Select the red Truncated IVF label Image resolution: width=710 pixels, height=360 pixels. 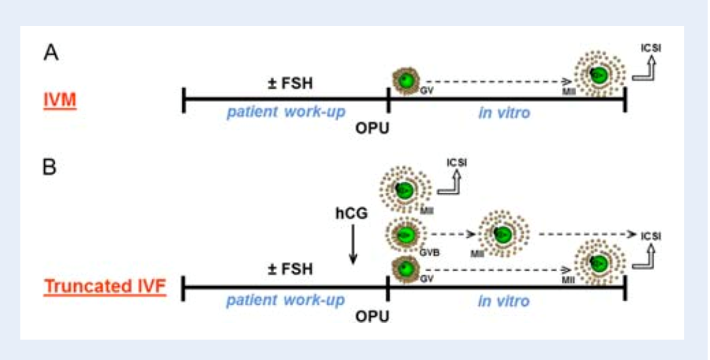point(105,286)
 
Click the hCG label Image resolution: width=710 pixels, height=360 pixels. point(352,212)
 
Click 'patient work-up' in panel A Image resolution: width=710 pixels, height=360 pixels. point(285,113)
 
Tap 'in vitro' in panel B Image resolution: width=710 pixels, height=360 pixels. point(504,300)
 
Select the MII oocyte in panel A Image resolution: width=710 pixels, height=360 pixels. point(597,74)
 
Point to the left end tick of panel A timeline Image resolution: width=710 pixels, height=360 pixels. point(183,100)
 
